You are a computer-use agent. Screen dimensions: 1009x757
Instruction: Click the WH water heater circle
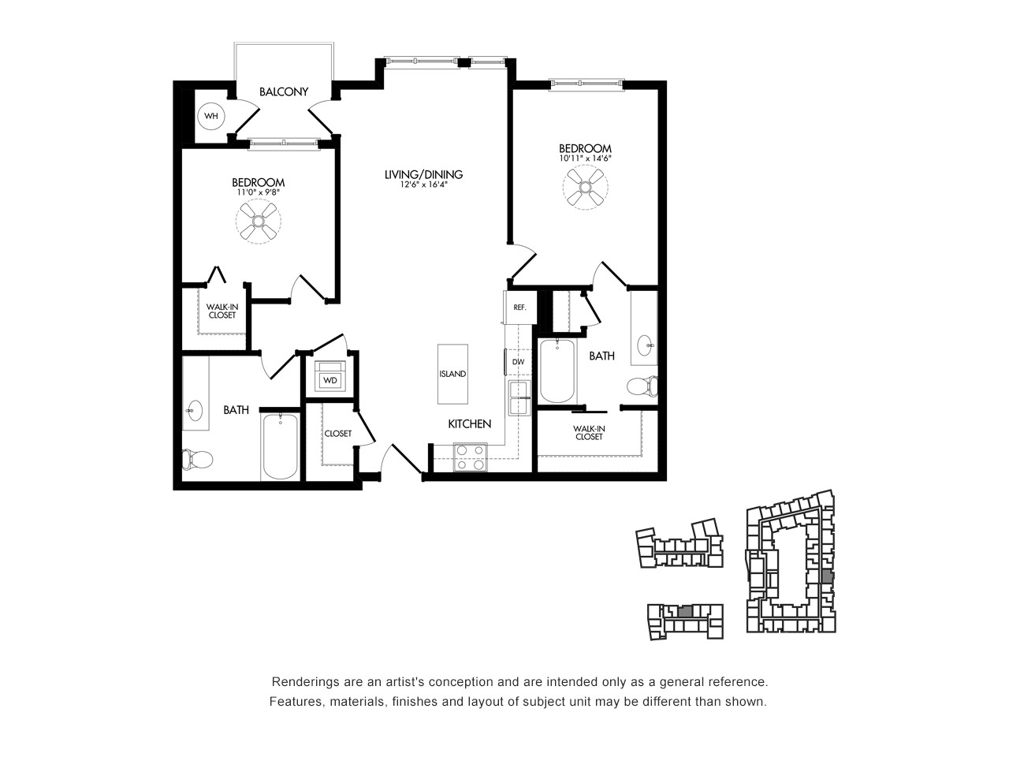tap(211, 116)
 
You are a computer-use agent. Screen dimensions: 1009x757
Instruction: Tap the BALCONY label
tap(284, 92)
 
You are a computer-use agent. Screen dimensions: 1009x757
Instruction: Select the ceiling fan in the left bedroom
tap(259, 222)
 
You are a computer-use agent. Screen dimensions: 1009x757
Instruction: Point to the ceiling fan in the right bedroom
tap(585, 188)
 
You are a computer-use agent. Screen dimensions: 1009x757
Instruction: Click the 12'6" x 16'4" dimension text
tap(424, 185)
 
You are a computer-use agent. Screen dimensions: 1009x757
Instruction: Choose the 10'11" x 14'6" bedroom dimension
tap(585, 158)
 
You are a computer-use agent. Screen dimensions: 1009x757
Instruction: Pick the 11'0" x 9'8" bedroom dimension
tap(258, 192)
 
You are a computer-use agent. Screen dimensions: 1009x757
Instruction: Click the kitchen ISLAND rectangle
tap(452, 374)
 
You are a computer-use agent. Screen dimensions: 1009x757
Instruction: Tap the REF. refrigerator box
tap(520, 307)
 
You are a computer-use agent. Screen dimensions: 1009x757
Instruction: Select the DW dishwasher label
tap(518, 362)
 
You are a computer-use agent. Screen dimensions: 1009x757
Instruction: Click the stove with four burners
tap(471, 457)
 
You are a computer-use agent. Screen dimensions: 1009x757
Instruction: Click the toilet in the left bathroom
tap(197, 459)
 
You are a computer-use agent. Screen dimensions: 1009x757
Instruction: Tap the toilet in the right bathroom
tap(642, 386)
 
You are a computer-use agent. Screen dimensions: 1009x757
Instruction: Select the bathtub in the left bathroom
tap(280, 446)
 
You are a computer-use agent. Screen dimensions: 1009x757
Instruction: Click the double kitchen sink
tap(519, 398)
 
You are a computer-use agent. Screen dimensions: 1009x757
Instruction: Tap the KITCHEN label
tap(469, 423)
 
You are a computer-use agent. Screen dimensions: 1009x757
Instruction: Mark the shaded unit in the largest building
tap(827, 576)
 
